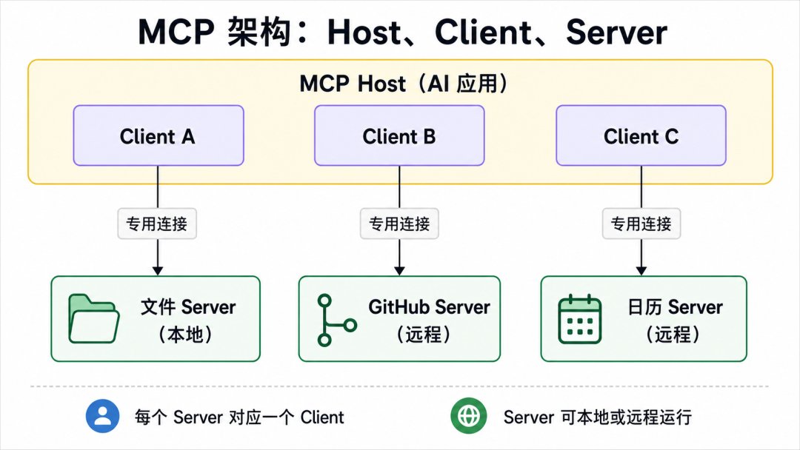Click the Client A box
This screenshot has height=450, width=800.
159,135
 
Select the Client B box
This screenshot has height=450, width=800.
399,135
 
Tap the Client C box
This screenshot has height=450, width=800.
641,135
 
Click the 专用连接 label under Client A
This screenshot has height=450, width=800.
157,224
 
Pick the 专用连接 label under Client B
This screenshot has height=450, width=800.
399,224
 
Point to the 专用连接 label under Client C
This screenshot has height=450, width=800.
641,224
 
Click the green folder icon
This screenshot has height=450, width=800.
94,318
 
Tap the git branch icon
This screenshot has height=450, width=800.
336,320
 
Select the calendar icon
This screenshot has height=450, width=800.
579,320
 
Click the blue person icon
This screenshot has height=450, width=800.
102,416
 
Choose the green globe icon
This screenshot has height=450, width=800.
469,416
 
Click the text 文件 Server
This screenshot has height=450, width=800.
188,307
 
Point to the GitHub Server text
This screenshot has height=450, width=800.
429,307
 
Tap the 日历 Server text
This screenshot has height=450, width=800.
675,307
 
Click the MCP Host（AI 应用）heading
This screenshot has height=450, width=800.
404,84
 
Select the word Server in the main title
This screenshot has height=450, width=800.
616,32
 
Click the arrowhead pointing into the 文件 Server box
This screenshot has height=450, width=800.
158,270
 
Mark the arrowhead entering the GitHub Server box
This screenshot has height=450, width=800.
399,270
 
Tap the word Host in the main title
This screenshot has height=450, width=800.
364,32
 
